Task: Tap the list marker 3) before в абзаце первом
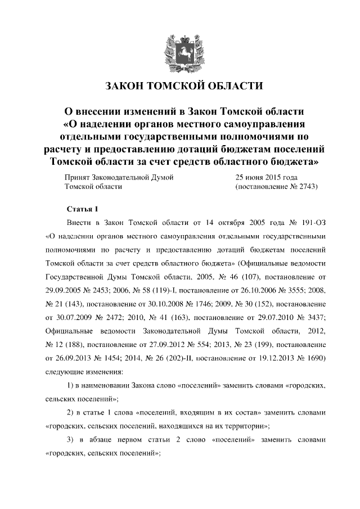pos(71,439)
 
